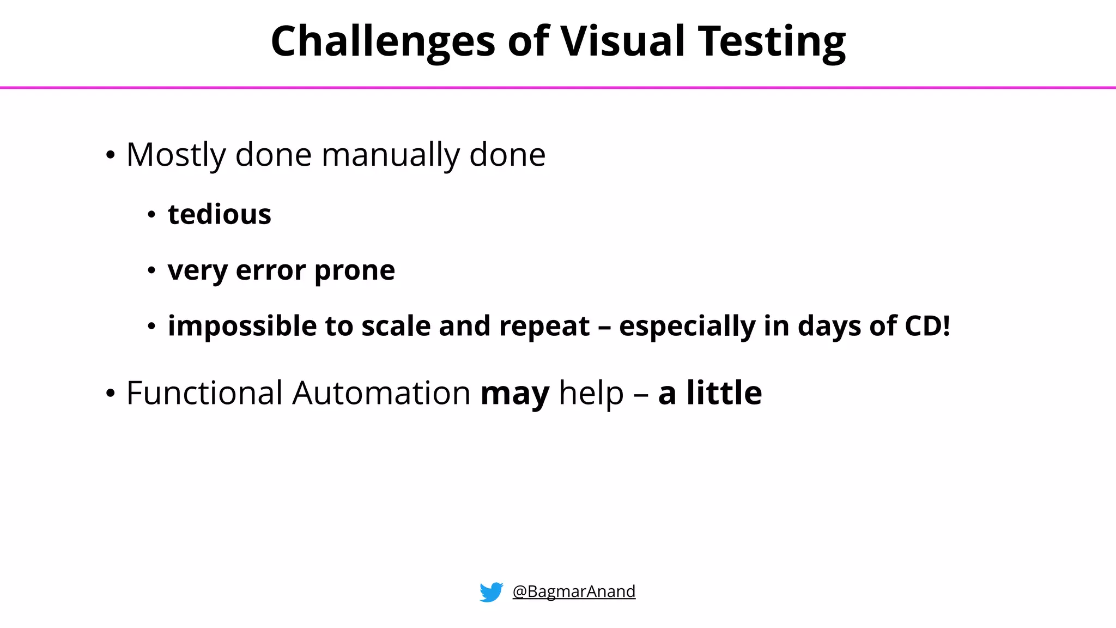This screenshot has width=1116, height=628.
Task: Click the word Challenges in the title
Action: point(383,41)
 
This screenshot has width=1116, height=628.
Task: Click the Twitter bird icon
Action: point(491,591)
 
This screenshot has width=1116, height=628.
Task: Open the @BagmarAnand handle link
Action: point(574,591)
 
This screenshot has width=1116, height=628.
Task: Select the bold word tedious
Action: point(219,214)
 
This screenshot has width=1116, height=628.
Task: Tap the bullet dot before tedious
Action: point(151,215)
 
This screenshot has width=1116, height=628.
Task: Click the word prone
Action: point(354,270)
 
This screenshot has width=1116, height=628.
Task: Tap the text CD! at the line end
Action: point(927,326)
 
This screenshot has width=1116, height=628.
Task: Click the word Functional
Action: point(204,393)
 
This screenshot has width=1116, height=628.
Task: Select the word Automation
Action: point(381,393)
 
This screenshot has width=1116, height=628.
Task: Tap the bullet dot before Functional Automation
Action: point(111,394)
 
